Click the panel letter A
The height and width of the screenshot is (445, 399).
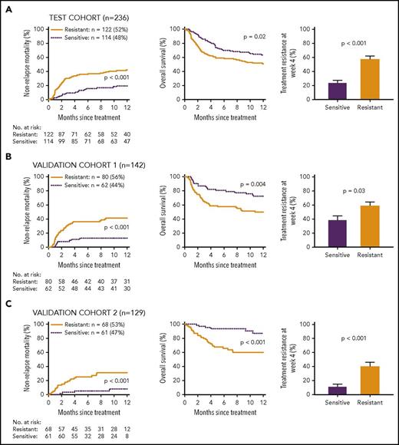pos(6,6)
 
